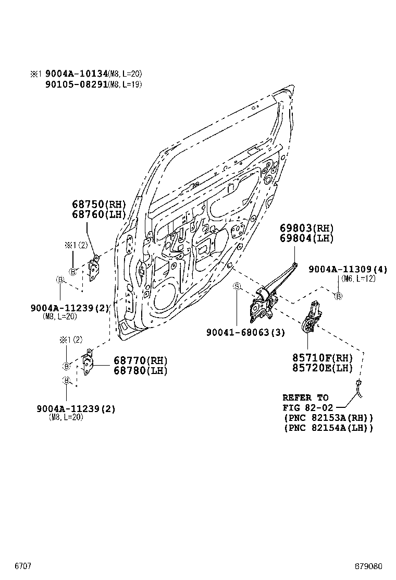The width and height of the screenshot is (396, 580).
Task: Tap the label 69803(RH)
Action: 306,228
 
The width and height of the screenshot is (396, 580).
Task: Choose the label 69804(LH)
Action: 306,238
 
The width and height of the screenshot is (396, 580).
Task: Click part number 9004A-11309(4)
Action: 348,269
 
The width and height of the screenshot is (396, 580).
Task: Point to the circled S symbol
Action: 236,286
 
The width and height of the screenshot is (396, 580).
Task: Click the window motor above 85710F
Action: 312,319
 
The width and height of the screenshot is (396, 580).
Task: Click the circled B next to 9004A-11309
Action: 338,296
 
